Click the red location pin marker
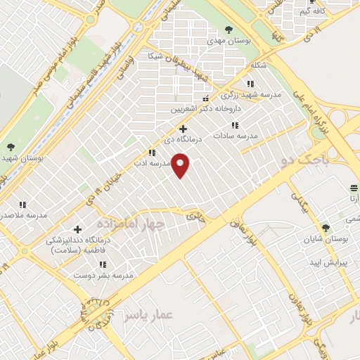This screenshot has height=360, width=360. (x=181, y=166)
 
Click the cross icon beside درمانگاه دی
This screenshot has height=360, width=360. (x=183, y=129)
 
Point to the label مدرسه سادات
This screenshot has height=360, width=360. (x=236, y=135)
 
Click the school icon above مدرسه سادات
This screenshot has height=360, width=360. (x=235, y=125)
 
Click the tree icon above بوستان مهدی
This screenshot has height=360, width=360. (x=228, y=30)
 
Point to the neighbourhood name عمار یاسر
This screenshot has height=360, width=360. (x=148, y=316)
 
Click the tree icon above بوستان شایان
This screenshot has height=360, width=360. (x=325, y=228)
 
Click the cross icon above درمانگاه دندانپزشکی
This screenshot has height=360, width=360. (x=77, y=229)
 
